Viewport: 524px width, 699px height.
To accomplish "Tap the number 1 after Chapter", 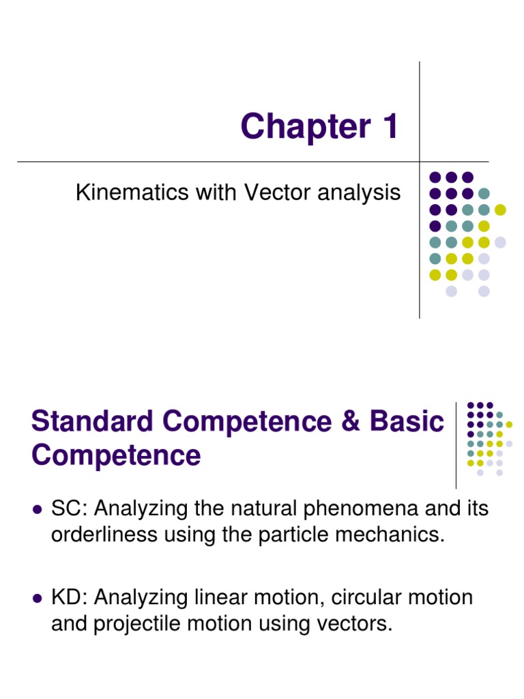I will pos(390,127).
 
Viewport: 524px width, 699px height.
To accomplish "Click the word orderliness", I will pos(104,534).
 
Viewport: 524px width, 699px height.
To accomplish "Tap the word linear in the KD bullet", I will pos(227,598).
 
